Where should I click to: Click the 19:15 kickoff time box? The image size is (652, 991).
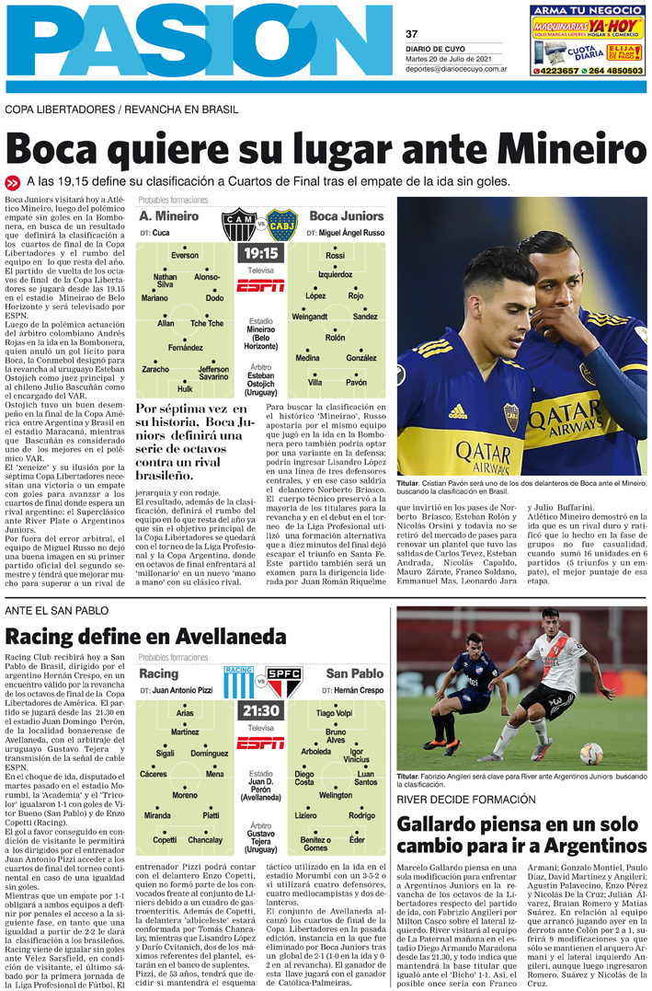click(x=260, y=253)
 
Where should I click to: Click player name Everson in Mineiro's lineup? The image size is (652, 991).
click(x=185, y=255)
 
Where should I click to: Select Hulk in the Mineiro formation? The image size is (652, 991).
click(x=185, y=388)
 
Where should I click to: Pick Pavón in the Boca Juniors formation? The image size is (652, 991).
click(x=356, y=382)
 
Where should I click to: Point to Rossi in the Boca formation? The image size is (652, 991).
click(x=335, y=255)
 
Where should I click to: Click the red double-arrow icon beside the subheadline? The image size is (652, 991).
click(x=12, y=181)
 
